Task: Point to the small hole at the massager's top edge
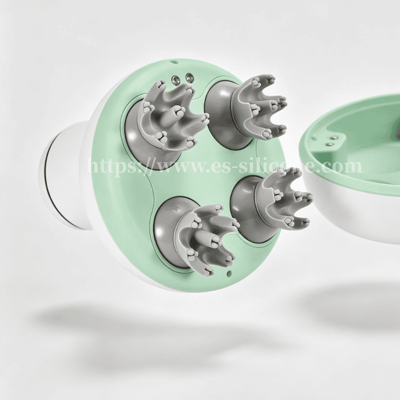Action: (x=174, y=61)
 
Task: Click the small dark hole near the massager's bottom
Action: (x=229, y=273)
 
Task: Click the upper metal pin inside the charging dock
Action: (x=333, y=138)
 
